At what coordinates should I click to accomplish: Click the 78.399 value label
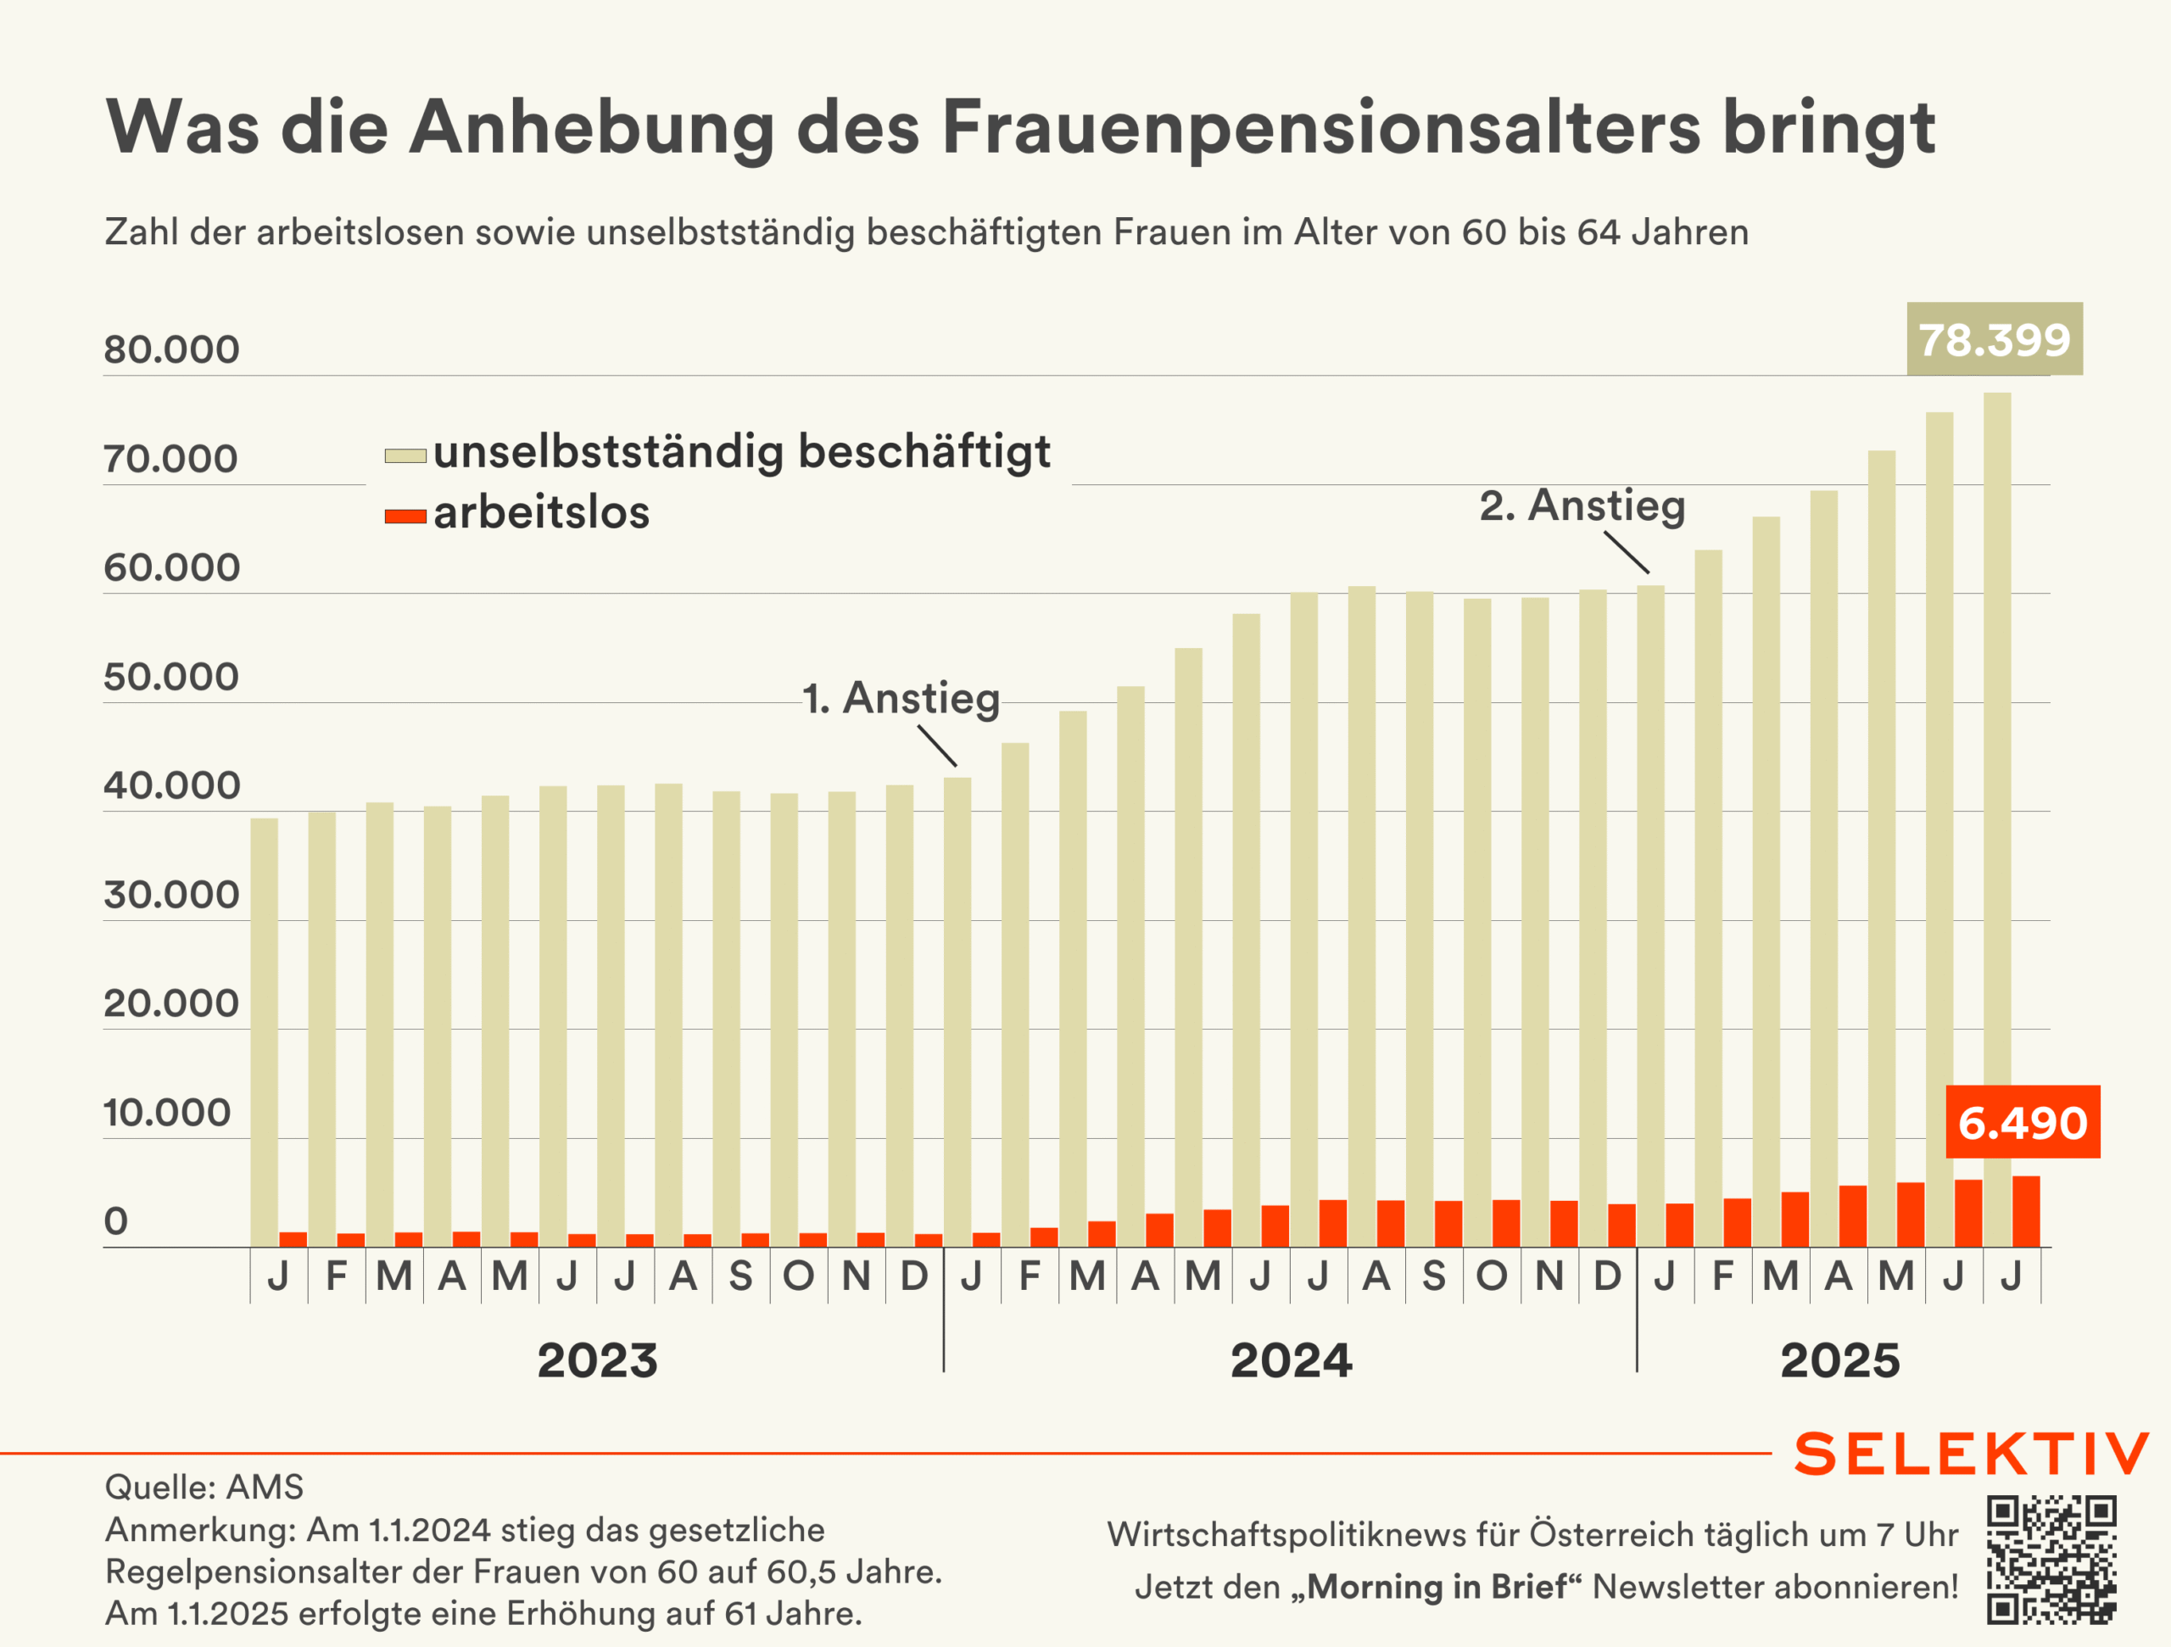coord(1994,339)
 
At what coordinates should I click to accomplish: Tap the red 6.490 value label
coord(2022,1122)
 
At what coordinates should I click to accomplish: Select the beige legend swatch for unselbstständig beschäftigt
coord(405,455)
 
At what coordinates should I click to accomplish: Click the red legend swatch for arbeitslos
coord(405,516)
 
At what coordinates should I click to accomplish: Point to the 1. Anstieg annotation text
coord(901,698)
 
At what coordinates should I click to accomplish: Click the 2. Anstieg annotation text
coord(1582,505)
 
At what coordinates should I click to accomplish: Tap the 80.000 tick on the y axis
coord(172,349)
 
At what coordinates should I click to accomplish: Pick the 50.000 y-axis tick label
coord(172,678)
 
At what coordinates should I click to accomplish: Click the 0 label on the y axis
coord(116,1222)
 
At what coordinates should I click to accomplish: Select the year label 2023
coord(597,1360)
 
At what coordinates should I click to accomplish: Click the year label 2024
coord(1291,1360)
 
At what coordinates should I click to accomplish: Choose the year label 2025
coord(1840,1360)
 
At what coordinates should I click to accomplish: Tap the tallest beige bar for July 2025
coord(1996,785)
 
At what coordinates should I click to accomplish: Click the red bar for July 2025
coord(2026,1212)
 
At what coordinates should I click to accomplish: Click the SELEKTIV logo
coord(1971,1454)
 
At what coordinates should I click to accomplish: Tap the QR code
coord(2051,1560)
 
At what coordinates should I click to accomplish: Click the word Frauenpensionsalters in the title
coord(1320,127)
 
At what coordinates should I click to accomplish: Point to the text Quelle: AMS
coord(204,1487)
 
